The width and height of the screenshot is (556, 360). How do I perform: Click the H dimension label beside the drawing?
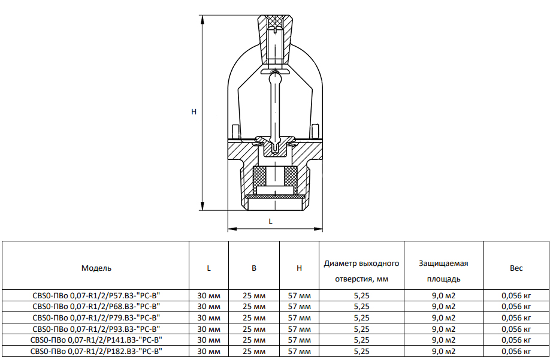(194, 112)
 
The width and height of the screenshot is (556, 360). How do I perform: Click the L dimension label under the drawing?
(271, 221)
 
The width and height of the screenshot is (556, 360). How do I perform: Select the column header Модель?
(96, 268)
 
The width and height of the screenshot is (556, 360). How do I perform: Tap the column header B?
(254, 268)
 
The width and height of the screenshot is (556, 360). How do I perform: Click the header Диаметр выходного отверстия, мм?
(361, 271)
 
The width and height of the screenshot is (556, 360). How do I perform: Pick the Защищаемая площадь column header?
(443, 271)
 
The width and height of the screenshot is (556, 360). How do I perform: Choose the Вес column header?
(516, 268)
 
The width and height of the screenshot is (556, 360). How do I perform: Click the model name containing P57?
(96, 295)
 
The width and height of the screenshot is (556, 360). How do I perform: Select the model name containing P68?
(96, 307)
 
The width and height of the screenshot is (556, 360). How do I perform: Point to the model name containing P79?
(96, 318)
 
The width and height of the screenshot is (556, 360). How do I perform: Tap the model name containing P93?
(96, 329)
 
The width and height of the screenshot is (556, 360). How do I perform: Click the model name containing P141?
(96, 340)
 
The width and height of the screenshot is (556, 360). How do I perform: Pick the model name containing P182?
(96, 352)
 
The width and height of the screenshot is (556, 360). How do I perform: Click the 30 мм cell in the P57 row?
(208, 295)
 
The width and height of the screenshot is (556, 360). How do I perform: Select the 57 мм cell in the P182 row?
(300, 352)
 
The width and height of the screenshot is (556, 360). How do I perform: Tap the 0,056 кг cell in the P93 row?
(516, 329)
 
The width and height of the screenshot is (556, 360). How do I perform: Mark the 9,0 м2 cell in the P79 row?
(443, 318)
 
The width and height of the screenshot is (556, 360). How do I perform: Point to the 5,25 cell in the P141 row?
(361, 340)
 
